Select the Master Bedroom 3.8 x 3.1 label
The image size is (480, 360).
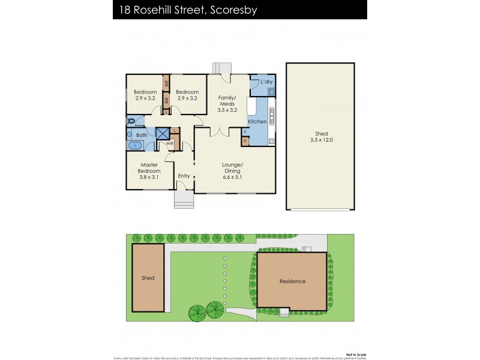(x=150, y=170)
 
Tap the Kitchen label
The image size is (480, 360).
(x=257, y=122)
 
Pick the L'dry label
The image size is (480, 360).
(x=266, y=82)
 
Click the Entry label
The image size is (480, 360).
(x=184, y=176)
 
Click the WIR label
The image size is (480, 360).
(x=170, y=144)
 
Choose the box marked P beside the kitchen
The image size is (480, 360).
(x=245, y=142)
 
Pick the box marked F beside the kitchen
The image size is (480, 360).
(x=245, y=131)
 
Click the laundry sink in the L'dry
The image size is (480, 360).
(x=272, y=92)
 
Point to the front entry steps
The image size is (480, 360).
(x=184, y=200)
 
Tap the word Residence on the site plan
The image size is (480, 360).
(x=292, y=281)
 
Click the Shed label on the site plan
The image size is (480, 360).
(x=148, y=278)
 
